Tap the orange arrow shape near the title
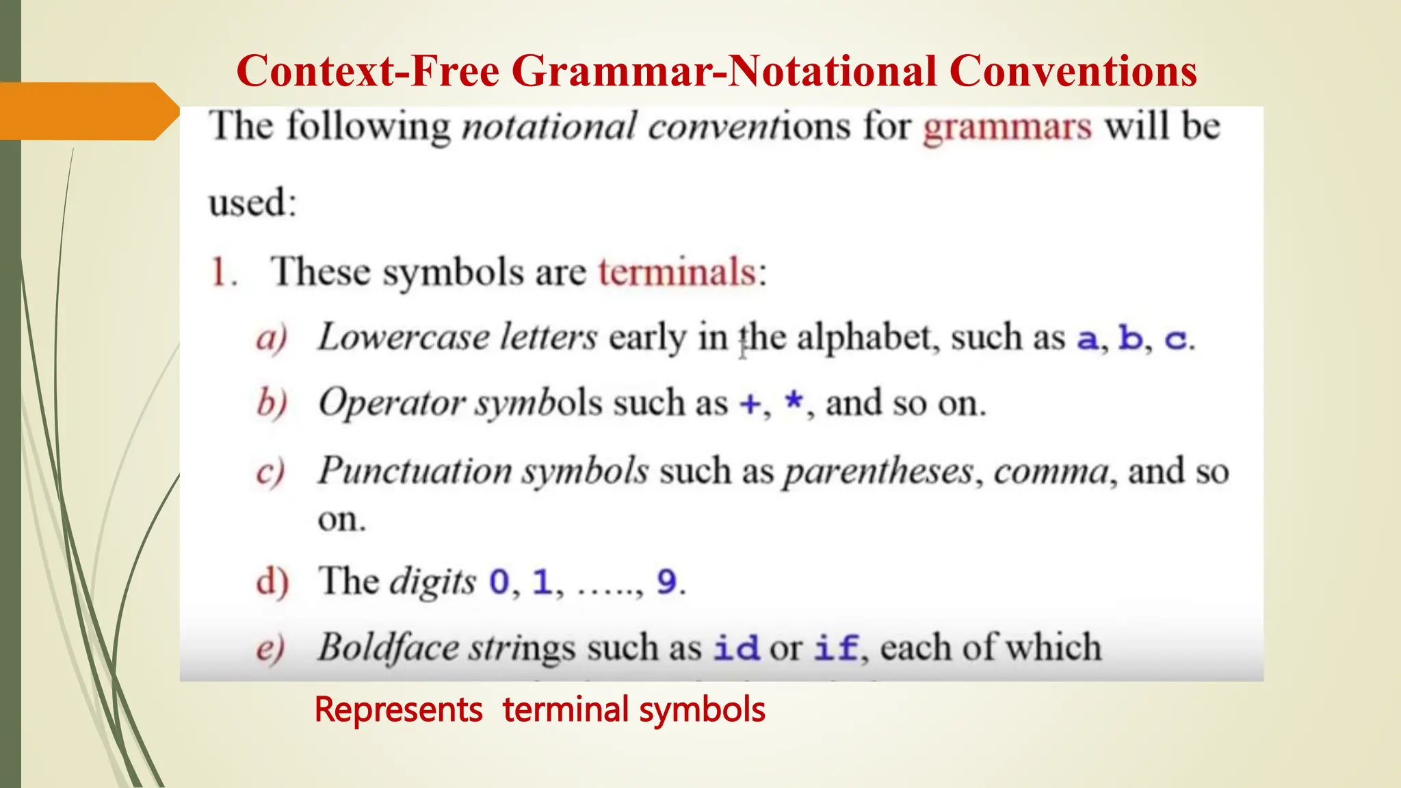(x=86, y=111)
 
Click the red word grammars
(x=1007, y=128)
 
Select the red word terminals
(x=677, y=272)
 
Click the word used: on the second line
(x=252, y=203)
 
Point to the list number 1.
(x=222, y=272)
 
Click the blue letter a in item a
(x=1087, y=339)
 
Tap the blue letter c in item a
(x=1175, y=339)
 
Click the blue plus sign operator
(x=750, y=404)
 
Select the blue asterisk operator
(x=794, y=401)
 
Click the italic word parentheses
(x=878, y=472)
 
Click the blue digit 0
(x=499, y=583)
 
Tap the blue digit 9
(x=666, y=583)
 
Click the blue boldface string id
(x=736, y=648)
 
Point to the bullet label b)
(x=272, y=404)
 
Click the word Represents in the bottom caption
(x=398, y=709)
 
